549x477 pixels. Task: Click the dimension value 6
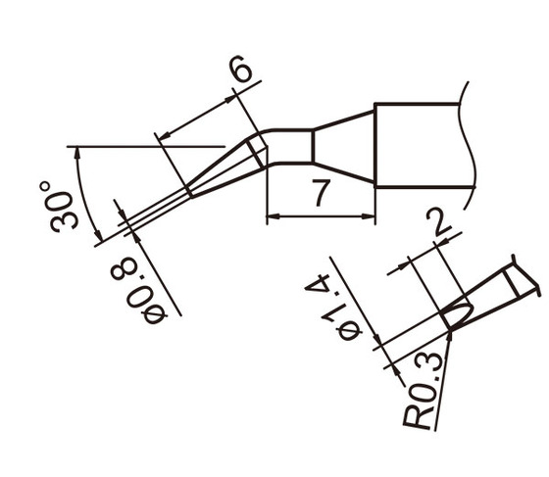tap(242, 71)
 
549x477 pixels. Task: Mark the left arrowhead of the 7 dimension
tap(274, 216)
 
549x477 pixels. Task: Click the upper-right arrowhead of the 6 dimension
tap(230, 97)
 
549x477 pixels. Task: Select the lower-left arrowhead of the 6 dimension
tap(164, 134)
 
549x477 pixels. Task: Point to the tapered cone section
tap(343, 146)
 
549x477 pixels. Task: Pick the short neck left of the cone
tap(289, 146)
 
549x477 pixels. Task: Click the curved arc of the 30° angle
tap(81, 196)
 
